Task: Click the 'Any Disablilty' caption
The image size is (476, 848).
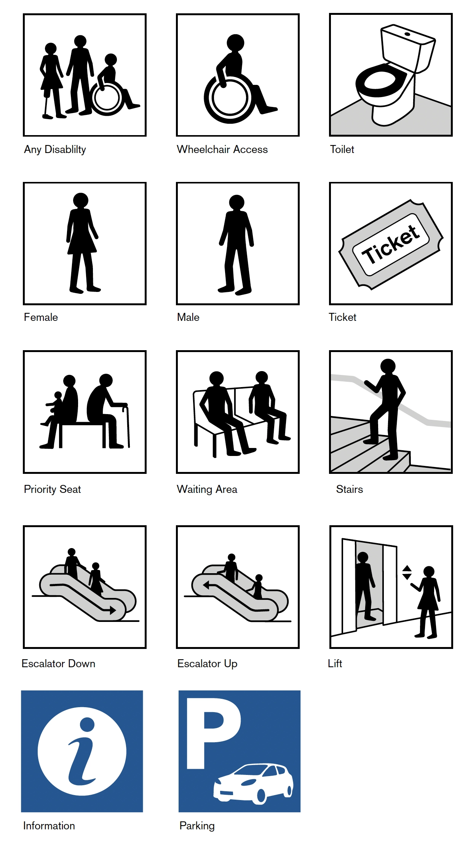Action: [55, 149]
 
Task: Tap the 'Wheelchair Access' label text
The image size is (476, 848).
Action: [222, 149]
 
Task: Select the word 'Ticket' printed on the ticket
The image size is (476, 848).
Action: [391, 244]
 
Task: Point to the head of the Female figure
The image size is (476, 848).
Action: [81, 200]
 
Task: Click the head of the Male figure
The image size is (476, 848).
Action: [236, 202]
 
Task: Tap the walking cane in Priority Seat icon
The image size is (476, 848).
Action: [127, 426]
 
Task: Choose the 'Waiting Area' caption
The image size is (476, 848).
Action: [207, 489]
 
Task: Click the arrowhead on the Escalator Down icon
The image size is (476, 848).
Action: [113, 610]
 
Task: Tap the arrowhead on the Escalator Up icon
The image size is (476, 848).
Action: [206, 585]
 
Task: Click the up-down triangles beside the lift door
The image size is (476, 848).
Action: [407, 572]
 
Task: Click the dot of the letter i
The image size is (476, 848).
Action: [87, 724]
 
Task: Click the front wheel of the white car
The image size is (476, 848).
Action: [261, 795]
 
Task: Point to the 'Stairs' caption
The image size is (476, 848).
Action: [350, 489]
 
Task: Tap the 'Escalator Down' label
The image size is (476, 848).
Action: [58, 663]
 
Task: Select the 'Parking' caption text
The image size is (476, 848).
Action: [197, 826]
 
